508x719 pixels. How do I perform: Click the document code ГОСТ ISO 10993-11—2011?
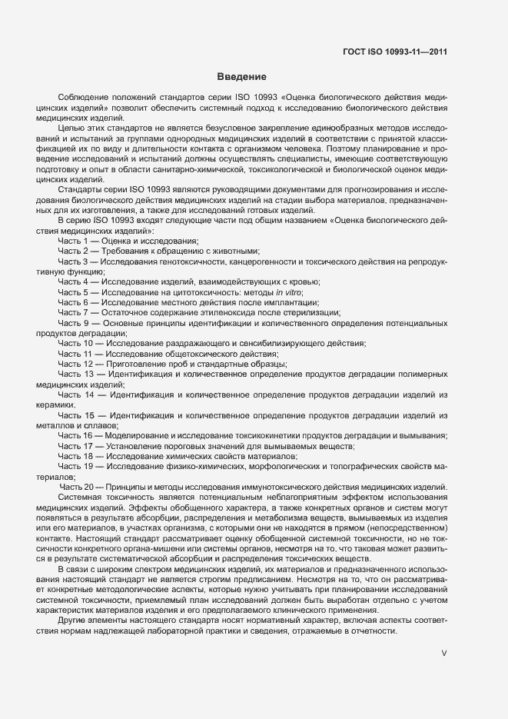click(395, 52)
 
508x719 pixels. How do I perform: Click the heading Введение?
click(241, 77)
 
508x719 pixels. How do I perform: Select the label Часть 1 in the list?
click(75, 241)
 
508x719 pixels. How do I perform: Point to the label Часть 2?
click(75, 251)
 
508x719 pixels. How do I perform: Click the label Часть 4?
click(75, 282)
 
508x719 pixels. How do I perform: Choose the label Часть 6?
click(75, 302)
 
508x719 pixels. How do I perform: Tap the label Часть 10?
click(77, 343)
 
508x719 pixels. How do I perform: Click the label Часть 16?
click(77, 435)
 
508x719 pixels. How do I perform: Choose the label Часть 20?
click(77, 487)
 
